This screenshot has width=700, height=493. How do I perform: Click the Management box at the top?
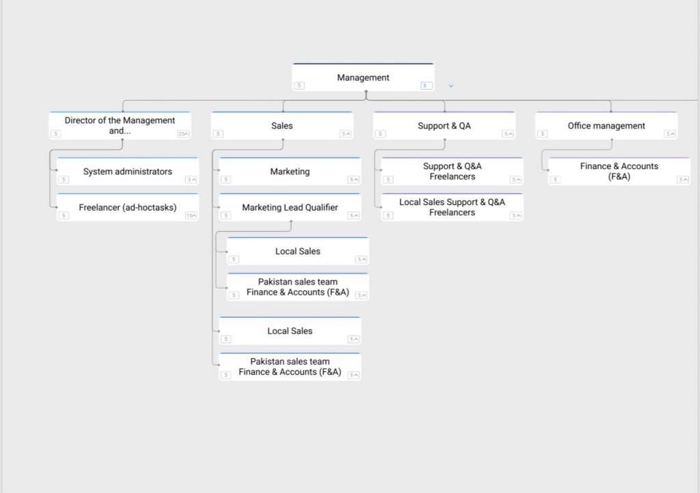363,77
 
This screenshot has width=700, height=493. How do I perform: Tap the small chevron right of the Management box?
451,85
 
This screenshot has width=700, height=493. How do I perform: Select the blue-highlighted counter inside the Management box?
427,85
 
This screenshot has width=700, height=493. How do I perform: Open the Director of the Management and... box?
120,126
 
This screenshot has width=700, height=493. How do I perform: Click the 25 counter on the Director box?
183,133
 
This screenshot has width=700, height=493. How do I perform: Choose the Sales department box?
282,126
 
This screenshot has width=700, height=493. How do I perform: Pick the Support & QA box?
444,126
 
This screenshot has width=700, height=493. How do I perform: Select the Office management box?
606,126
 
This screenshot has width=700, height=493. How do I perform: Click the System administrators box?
128,172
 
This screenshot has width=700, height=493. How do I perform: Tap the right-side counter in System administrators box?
191,180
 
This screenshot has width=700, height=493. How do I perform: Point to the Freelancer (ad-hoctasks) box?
128,207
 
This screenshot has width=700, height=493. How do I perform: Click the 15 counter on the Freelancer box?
191,215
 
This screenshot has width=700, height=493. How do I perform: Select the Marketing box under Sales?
290,172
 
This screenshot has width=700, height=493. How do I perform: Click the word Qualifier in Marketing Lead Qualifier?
321,207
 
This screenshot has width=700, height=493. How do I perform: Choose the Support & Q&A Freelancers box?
453,172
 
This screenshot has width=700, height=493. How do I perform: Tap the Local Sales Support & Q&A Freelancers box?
453,207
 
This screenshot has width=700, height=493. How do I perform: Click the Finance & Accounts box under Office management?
619,172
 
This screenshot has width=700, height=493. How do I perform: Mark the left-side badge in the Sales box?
218,133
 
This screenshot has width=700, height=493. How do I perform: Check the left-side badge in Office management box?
542,133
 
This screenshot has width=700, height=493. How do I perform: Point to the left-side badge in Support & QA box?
380,133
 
